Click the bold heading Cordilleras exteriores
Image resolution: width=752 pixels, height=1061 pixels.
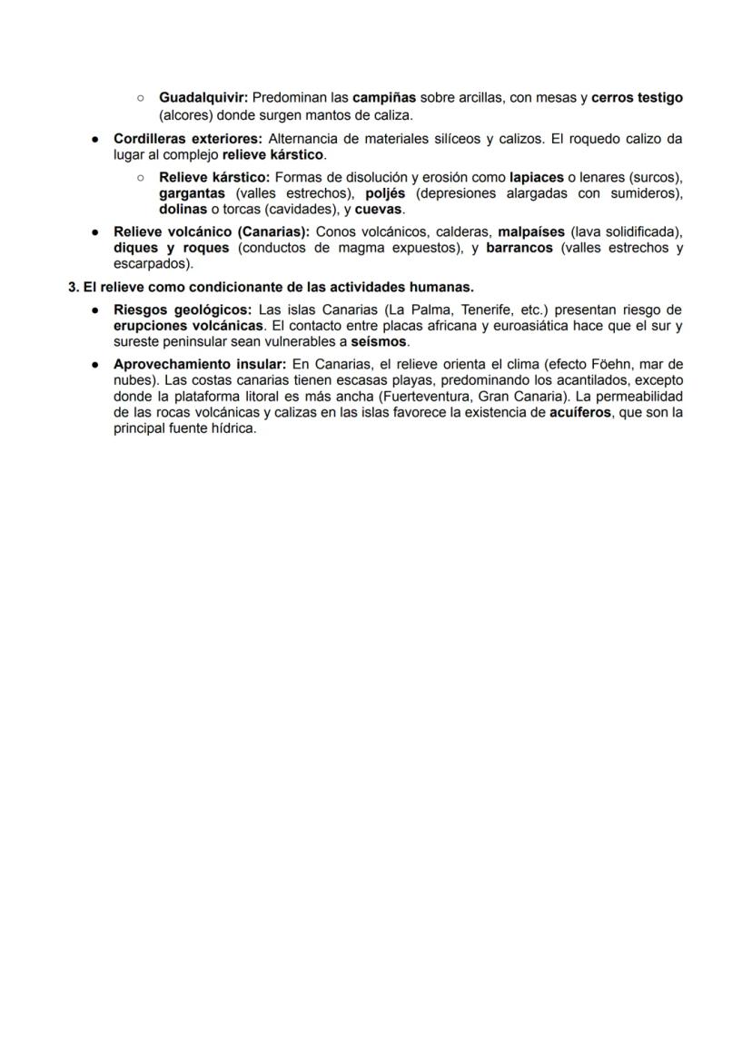[187, 139]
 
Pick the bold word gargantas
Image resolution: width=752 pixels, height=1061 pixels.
[192, 193]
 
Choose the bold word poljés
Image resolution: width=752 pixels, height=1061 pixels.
[385, 193]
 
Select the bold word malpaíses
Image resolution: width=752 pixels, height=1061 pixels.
[531, 231]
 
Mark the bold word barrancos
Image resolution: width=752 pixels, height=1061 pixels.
[519, 248]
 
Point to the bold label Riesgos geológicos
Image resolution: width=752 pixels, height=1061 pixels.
[182, 309]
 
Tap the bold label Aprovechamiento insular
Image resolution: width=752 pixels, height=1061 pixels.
[199, 364]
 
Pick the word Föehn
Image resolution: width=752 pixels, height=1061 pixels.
[613, 364]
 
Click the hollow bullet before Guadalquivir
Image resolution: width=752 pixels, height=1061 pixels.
[141, 97]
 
